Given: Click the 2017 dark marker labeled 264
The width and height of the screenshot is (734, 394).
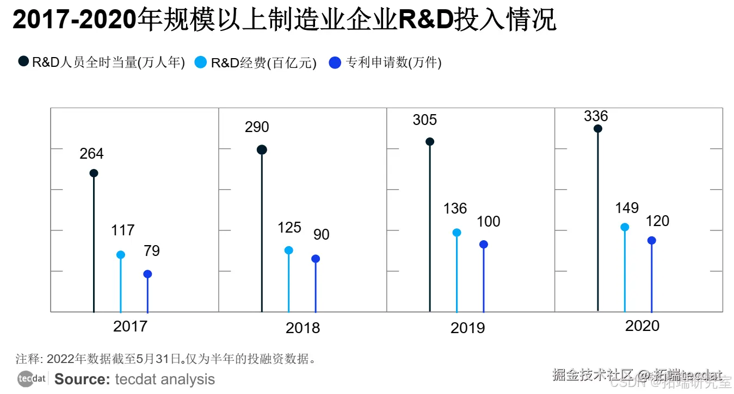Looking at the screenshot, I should click(94, 173).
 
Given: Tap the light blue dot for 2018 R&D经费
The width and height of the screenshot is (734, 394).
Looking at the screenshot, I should click(288, 251).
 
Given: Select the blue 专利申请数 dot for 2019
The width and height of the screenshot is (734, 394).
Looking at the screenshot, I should click(484, 245).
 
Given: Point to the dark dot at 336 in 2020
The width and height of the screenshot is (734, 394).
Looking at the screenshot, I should click(597, 129).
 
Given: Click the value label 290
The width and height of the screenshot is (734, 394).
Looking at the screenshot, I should click(257, 127).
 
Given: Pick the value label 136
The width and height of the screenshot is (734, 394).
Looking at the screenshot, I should click(455, 209).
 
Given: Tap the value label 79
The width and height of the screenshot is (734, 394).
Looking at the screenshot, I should click(152, 251).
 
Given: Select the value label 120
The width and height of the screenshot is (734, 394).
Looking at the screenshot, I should click(657, 221).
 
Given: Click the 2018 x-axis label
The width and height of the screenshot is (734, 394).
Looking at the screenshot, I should click(303, 328).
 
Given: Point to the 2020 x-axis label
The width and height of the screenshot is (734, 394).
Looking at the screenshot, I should click(642, 326).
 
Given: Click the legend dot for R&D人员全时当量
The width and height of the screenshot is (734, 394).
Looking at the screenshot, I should click(23, 62).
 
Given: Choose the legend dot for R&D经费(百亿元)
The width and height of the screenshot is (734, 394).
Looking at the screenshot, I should click(201, 62).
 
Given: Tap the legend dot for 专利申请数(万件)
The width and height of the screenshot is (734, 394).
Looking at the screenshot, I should click(335, 62).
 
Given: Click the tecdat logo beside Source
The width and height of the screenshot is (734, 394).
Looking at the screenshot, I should click(32, 379).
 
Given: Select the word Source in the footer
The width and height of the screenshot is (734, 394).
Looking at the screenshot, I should click(83, 379).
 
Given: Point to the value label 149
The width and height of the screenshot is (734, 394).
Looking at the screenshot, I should click(627, 208).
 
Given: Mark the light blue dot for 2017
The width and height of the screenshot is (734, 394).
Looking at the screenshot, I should click(121, 255).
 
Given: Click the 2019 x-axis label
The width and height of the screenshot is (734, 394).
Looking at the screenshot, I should click(467, 328).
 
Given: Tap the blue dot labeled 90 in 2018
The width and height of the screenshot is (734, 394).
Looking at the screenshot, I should click(316, 259).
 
